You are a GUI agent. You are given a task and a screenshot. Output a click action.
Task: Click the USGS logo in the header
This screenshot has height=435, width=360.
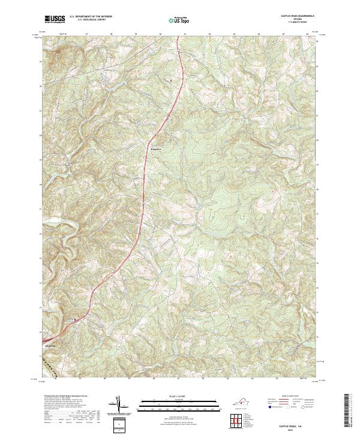coord(55,19)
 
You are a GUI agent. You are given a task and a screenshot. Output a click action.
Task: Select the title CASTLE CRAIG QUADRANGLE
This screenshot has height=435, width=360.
coord(295,16)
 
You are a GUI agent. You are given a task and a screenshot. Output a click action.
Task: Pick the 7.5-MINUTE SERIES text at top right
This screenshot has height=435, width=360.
coord(295,23)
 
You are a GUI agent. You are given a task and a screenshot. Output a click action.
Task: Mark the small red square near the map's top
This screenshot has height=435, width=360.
coord(170,80)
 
